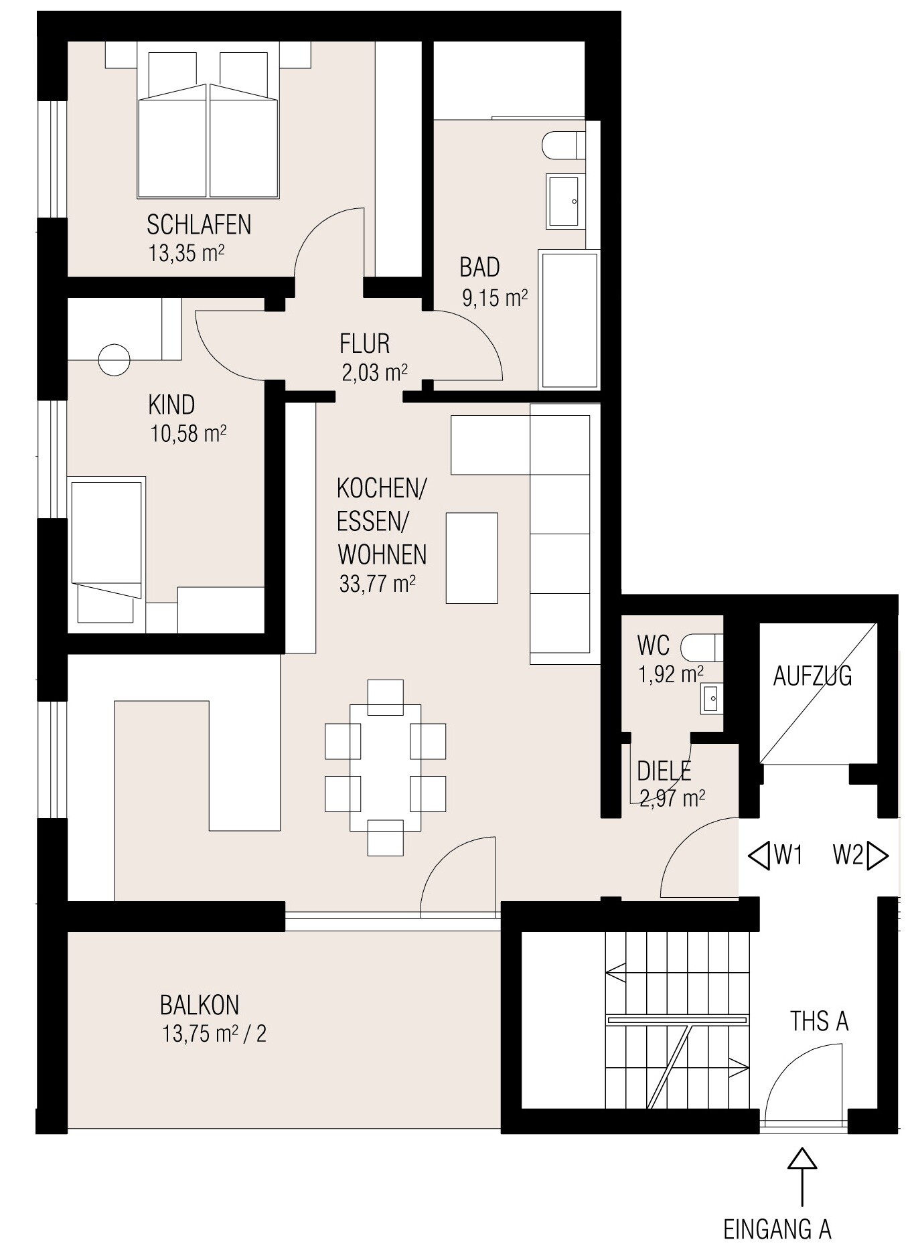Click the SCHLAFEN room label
[x=199, y=225]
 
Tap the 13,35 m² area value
[x=186, y=254]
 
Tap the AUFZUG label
[x=812, y=676]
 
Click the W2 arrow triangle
[x=877, y=856]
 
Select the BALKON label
[x=200, y=1005]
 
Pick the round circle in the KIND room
[x=115, y=360]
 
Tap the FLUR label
[x=365, y=343]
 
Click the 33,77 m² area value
[x=378, y=584]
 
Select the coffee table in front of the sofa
[x=472, y=558]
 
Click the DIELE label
[x=664, y=771]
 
